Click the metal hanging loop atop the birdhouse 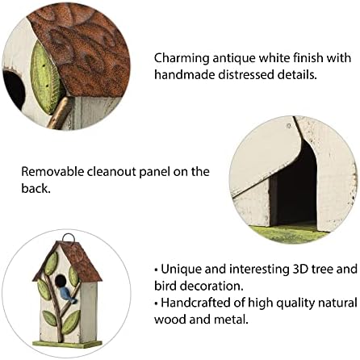point(69,238)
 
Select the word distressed point(241,74)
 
